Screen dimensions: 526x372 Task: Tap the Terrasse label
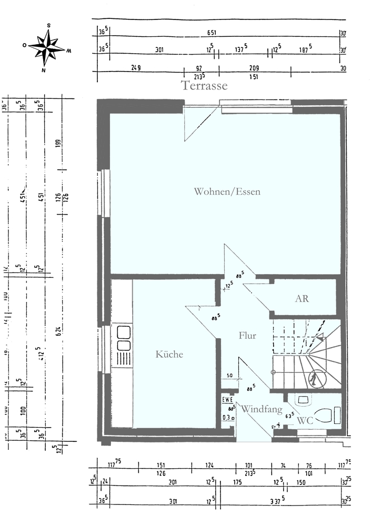click(204, 86)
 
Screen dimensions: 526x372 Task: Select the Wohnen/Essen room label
click(227, 191)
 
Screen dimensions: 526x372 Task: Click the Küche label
click(169, 355)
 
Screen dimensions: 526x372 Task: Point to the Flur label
click(247, 336)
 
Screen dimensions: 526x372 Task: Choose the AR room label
click(301, 298)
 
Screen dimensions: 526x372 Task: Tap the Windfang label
click(262, 409)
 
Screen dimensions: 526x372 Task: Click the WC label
click(306, 420)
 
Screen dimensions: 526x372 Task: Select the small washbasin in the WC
click(303, 400)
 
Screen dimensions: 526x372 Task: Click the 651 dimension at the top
click(212, 33)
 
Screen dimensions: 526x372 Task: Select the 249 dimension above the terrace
click(136, 68)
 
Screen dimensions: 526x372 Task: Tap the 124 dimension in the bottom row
click(209, 465)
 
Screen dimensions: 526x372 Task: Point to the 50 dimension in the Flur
click(229, 375)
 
